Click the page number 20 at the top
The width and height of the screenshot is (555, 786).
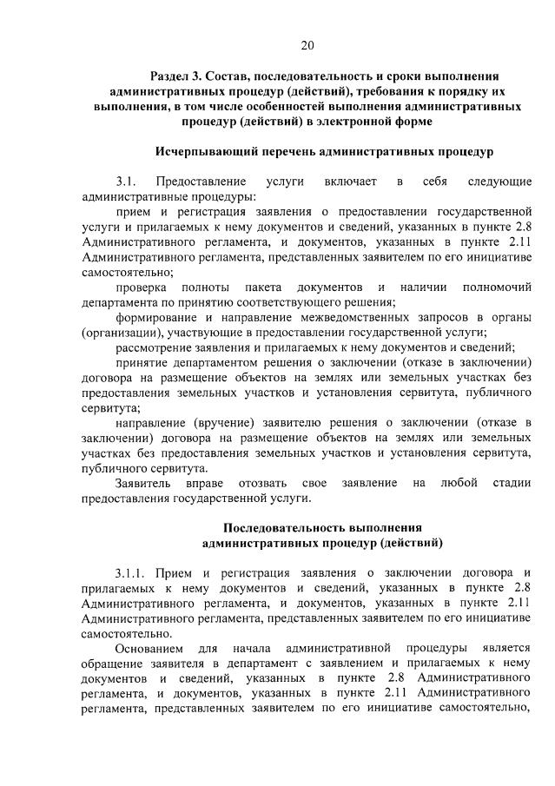pyautogui.click(x=307, y=45)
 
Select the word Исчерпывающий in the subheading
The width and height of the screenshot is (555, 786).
pyautogui.click(x=203, y=152)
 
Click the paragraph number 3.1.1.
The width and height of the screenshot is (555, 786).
pyautogui.click(x=130, y=574)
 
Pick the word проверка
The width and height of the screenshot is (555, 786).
pyautogui.click(x=142, y=287)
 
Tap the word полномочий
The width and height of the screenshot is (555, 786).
pyautogui.click(x=487, y=287)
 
